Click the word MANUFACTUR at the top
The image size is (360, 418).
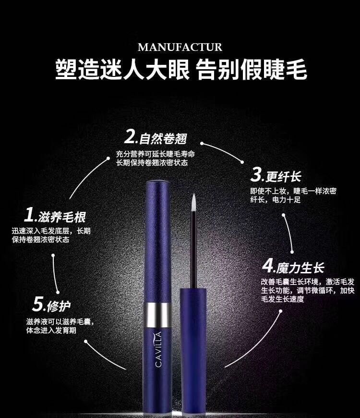[180, 47]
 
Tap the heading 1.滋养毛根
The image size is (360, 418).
[55, 216]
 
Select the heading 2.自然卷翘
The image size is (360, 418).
[156, 137]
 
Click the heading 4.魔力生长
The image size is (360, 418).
[293, 266]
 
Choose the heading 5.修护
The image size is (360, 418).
[51, 304]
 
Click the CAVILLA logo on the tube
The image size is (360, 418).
[158, 349]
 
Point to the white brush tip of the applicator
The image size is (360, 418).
[193, 203]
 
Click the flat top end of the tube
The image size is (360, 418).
[158, 183]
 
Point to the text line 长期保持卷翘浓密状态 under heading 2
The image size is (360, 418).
[152, 162]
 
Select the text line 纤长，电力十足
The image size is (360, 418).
[276, 199]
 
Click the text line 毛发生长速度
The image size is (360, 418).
[283, 299]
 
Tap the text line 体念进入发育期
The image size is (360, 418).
[51, 330]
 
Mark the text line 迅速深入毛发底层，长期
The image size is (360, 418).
[51, 231]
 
